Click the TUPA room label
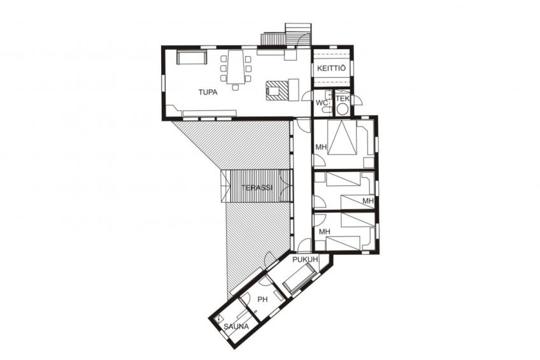[x=208, y=92]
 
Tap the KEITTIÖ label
[x=330, y=68]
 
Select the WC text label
[x=322, y=102]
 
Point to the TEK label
[x=343, y=99]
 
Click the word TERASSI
[x=257, y=188]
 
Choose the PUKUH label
[x=305, y=260]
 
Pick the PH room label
[x=262, y=299]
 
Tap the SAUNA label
[x=236, y=327]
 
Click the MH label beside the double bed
[x=321, y=148]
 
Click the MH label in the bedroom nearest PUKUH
[x=323, y=231]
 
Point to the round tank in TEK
[x=343, y=110]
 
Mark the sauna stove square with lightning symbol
[x=220, y=318]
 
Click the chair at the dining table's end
[x=236, y=86]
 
